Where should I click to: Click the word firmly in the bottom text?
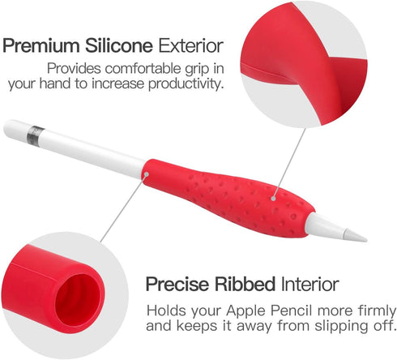pyautogui.click(x=369, y=310)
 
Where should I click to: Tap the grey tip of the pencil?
pyautogui.click(x=356, y=234)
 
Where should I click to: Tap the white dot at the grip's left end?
pyautogui.click(x=145, y=172)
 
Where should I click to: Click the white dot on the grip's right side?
pyautogui.click(x=272, y=195)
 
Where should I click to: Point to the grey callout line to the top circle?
pyautogui.click(x=290, y=159)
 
